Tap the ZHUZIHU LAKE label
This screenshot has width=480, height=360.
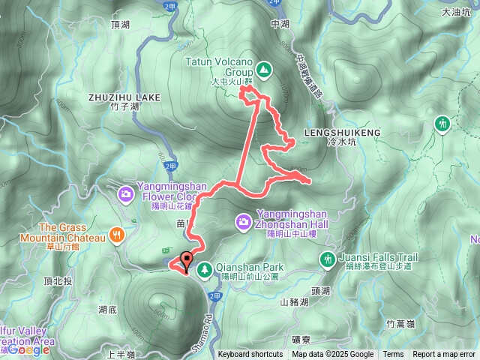tap(124, 97)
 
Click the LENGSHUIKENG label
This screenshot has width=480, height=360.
tap(342, 132)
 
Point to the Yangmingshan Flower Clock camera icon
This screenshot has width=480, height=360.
tap(124, 195)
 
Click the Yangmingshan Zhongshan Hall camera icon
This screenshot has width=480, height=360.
tap(244, 221)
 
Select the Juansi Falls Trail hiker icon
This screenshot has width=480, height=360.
tap(327, 259)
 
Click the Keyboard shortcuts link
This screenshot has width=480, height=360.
tap(250, 355)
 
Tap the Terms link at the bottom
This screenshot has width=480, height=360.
tap(393, 355)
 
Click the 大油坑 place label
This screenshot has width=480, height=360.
tap(455, 33)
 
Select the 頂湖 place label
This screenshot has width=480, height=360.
tap(120, 25)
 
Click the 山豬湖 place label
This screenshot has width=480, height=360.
tap(295, 302)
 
